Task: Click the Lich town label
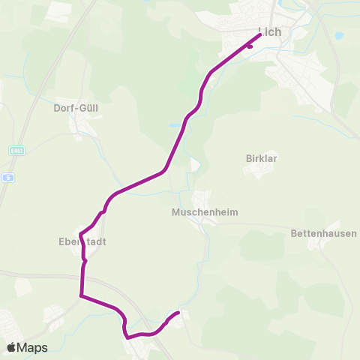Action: tap(269, 32)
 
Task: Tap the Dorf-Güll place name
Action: tap(76, 108)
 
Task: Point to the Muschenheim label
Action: tap(205, 212)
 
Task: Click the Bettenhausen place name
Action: tap(323, 234)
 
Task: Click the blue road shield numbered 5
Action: tap(8, 177)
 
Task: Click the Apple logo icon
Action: tap(12, 347)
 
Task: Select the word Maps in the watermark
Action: tap(32, 347)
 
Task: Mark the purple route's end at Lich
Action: tap(259, 34)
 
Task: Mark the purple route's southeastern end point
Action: tap(178, 312)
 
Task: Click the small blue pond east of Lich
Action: tap(338, 35)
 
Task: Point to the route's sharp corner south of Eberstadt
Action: tap(81, 295)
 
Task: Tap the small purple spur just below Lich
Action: tap(250, 46)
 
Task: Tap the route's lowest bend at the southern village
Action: tap(128, 337)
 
